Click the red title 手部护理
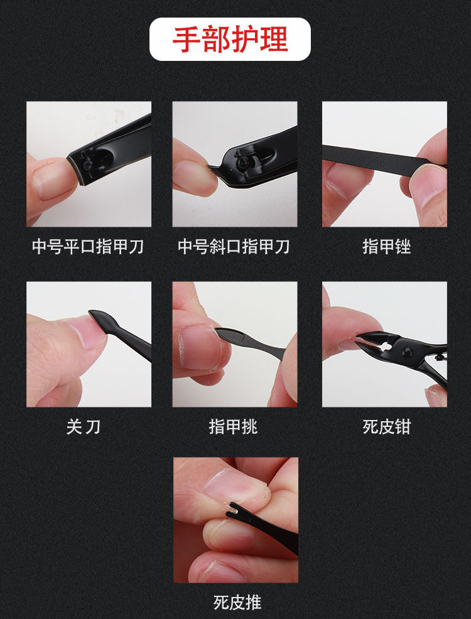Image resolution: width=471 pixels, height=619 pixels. (230, 40)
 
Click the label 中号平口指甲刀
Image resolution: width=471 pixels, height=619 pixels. (88, 247)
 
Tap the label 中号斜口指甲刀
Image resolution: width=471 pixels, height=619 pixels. (234, 247)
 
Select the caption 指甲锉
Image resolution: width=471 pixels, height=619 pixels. (386, 247)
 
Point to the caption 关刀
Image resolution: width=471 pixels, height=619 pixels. (84, 427)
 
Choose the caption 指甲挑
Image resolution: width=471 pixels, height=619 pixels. (234, 427)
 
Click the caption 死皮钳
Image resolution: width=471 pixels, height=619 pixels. (386, 427)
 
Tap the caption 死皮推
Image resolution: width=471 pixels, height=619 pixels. (237, 603)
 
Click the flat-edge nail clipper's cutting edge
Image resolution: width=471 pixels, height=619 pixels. (75, 171)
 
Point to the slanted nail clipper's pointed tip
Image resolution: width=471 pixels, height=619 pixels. (211, 168)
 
